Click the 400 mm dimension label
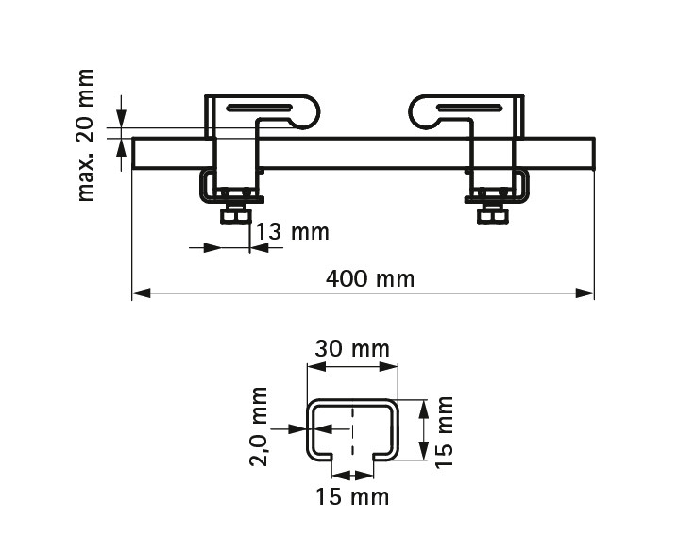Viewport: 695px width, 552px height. coord(370,279)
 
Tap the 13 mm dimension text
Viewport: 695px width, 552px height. coord(293,232)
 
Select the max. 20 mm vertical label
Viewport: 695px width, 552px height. coord(86,135)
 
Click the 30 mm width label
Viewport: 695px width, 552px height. coord(352,348)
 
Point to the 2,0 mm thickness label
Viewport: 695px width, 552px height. coord(259,427)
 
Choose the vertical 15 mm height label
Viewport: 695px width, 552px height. coord(444,432)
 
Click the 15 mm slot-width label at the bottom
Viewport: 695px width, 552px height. coord(352,496)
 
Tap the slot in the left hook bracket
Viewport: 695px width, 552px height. coord(260,108)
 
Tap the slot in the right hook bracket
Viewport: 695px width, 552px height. coord(469,108)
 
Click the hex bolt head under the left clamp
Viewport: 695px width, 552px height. coord(235,217)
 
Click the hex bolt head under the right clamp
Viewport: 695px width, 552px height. coord(492,217)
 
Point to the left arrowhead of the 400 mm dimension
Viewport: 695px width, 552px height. coord(142,293)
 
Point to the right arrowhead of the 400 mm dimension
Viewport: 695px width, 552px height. coord(585,293)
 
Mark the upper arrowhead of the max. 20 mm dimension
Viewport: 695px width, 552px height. coord(122,118)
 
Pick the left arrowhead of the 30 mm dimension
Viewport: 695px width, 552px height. coord(316,367)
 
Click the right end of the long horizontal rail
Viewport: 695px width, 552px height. coord(594,153)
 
